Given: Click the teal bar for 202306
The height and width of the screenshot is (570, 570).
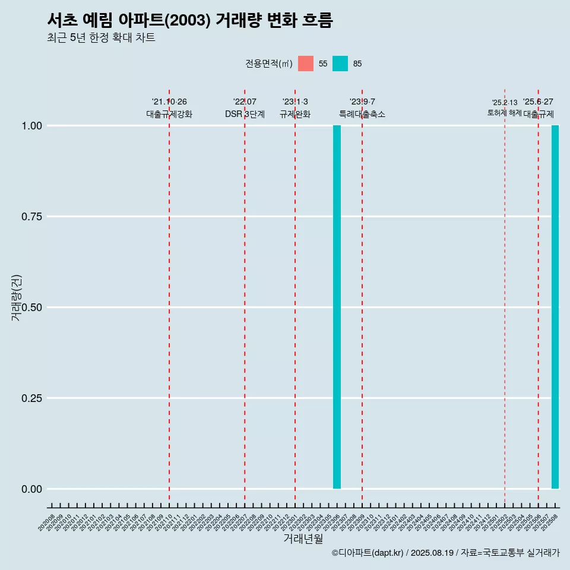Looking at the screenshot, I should (337, 307).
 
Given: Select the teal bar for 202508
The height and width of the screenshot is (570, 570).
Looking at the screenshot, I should (555, 307).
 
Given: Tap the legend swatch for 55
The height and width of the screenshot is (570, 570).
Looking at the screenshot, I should (306, 64).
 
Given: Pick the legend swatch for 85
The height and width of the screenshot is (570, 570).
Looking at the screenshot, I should (340, 64).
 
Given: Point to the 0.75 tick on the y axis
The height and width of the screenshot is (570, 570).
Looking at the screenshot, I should (33, 217).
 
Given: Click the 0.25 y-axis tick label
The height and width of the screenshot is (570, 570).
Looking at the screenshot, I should (33, 398).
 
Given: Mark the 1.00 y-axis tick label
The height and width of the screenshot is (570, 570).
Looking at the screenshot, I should (33, 126).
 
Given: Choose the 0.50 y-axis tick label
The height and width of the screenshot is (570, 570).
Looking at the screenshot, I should (33, 308).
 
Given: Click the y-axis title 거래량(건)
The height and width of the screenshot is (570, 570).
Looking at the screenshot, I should (16, 297).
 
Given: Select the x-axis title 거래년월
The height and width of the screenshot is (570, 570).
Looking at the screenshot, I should (303, 539).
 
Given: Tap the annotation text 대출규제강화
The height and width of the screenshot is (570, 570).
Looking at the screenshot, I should (169, 114).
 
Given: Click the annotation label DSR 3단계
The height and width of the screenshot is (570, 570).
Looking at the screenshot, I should (245, 114).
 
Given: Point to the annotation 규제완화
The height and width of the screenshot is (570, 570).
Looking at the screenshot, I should (295, 114).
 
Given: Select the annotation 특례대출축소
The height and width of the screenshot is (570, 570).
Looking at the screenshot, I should (362, 114).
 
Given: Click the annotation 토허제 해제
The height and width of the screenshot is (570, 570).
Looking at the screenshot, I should (505, 112).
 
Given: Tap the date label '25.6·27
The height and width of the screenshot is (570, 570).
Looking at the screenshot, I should (538, 102).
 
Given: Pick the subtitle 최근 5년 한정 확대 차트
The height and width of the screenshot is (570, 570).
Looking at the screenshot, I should (101, 38).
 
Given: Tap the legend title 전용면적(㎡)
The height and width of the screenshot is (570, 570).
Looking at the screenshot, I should (268, 64).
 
